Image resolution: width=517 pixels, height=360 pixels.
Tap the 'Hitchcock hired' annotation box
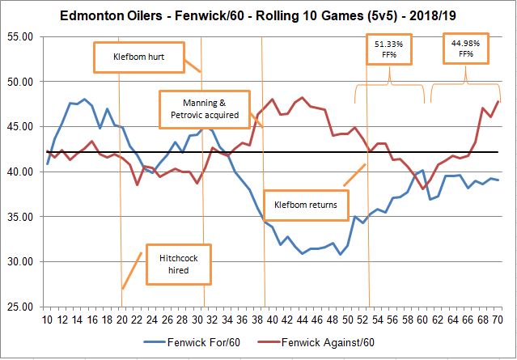coord(173,263)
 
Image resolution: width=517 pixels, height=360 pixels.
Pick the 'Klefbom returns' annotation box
coord(303,205)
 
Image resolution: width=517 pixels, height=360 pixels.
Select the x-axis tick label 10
coord(48,319)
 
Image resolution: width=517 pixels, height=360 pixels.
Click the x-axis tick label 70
coord(499,319)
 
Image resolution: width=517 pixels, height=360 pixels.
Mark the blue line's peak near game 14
coord(85,100)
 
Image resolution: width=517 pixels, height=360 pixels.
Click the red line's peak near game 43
coord(302,98)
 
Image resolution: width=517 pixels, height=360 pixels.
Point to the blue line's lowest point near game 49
coord(340,254)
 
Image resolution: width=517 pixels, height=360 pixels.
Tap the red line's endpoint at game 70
coord(498,101)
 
